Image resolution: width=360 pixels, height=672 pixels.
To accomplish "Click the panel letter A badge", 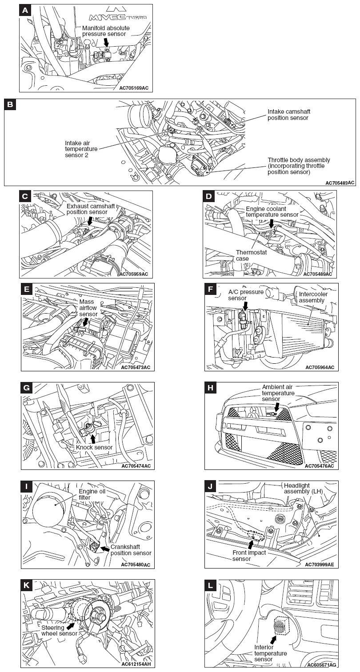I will [x=25, y=10].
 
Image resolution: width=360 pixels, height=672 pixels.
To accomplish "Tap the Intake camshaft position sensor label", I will [x=288, y=115].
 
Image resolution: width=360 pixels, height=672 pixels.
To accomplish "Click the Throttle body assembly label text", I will [x=299, y=166].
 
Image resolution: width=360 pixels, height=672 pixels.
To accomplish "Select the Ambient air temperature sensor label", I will [x=278, y=393].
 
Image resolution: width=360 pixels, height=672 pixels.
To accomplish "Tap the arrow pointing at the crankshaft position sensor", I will [x=104, y=549].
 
